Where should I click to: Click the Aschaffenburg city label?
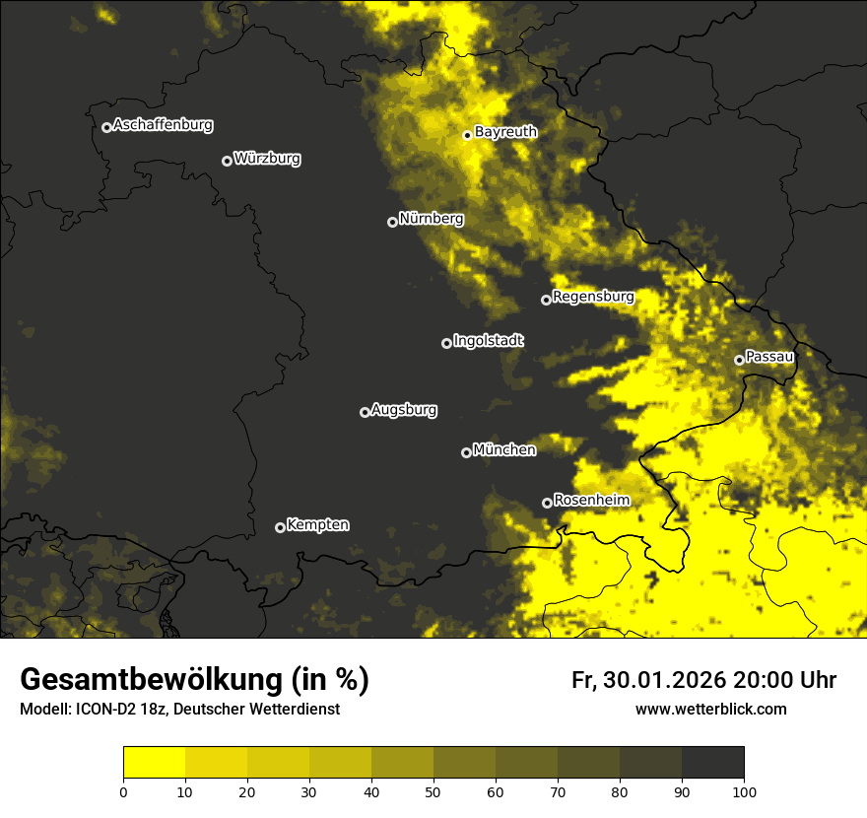tap(163, 125)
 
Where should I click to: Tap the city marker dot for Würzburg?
tap(227, 161)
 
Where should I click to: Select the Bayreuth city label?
tap(505, 132)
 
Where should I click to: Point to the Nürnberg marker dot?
tap(392, 222)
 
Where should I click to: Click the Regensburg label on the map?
tap(593, 297)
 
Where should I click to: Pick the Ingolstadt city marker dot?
tap(446, 343)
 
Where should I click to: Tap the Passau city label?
tap(769, 357)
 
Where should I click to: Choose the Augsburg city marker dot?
tap(365, 412)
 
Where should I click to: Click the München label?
tap(504, 450)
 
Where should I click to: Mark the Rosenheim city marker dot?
tap(547, 503)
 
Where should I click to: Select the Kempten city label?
tap(317, 525)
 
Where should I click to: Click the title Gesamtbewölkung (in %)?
tap(194, 680)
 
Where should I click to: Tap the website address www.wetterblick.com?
tap(710, 710)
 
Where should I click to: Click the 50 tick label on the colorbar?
tap(433, 790)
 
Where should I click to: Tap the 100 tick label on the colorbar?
tap(743, 790)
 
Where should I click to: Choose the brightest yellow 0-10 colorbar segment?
tap(154, 763)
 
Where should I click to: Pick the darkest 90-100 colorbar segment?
tap(712, 763)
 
